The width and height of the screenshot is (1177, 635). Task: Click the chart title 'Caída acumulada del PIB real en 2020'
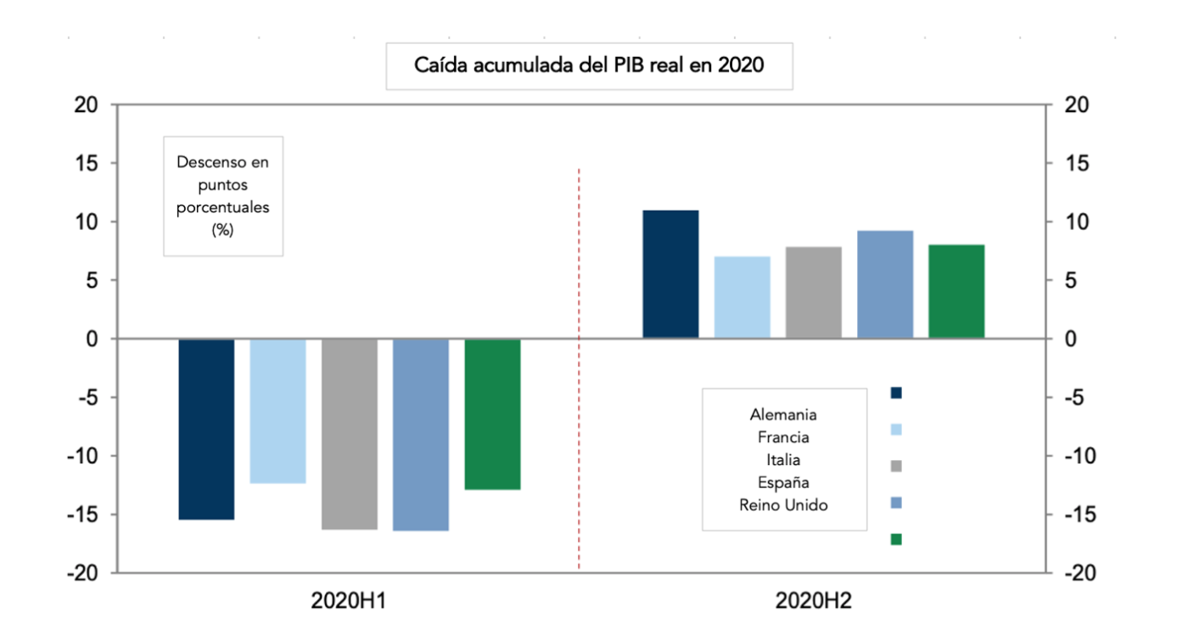pyautogui.click(x=589, y=65)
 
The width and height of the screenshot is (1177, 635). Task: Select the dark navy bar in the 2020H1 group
pyautogui.click(x=206, y=429)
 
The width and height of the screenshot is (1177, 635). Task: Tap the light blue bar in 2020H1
pyautogui.click(x=277, y=411)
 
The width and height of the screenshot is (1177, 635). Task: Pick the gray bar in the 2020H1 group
pyautogui.click(x=349, y=434)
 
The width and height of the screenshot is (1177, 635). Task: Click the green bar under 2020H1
pyautogui.click(x=492, y=414)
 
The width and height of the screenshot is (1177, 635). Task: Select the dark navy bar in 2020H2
pyautogui.click(x=670, y=274)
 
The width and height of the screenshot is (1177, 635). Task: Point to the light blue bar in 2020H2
pyautogui.click(x=742, y=297)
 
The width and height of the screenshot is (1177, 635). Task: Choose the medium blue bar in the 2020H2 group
pyautogui.click(x=885, y=284)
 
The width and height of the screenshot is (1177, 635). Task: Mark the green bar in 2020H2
pyautogui.click(x=956, y=291)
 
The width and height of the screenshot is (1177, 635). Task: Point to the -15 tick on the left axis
pyautogui.click(x=83, y=514)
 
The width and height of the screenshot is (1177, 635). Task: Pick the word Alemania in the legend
pyautogui.click(x=783, y=415)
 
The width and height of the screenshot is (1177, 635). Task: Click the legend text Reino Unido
pyautogui.click(x=783, y=505)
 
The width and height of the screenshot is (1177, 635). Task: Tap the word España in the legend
pyautogui.click(x=783, y=482)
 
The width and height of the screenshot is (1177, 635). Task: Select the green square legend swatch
pyautogui.click(x=896, y=539)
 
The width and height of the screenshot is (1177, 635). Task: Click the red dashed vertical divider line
pyautogui.click(x=579, y=424)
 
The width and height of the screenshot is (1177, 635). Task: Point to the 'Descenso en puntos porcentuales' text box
pyautogui.click(x=223, y=195)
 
